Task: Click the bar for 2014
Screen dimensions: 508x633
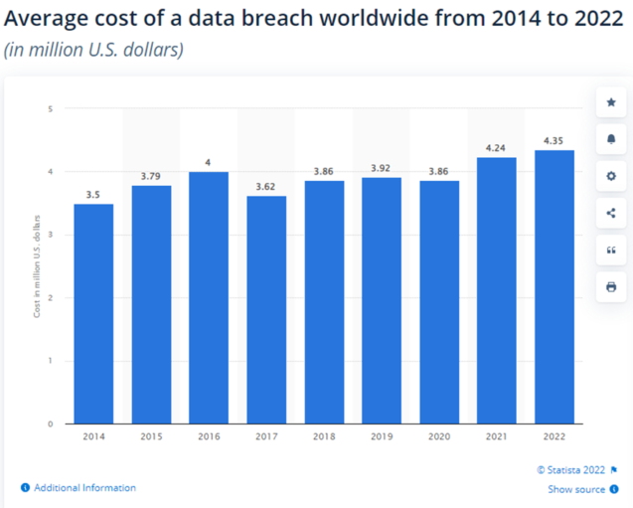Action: tap(93, 313)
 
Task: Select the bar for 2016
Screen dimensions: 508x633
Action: tap(209, 297)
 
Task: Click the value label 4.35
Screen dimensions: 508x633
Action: tap(554, 140)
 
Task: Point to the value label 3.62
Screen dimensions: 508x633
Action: tap(266, 186)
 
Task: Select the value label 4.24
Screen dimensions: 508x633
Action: tap(497, 147)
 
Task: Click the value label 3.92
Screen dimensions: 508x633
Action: tap(382, 168)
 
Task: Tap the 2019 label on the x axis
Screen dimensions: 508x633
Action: tap(382, 435)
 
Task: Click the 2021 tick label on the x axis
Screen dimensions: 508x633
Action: tap(497, 435)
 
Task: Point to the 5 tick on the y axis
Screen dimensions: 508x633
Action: tap(51, 108)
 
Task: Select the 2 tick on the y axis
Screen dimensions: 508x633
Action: tap(51, 298)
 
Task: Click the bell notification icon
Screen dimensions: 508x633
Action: tap(611, 139)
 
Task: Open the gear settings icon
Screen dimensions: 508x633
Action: tap(611, 176)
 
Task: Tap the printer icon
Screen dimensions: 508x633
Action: tap(611, 286)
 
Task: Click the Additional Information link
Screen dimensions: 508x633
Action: tap(84, 488)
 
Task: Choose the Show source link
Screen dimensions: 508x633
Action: tap(575, 489)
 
